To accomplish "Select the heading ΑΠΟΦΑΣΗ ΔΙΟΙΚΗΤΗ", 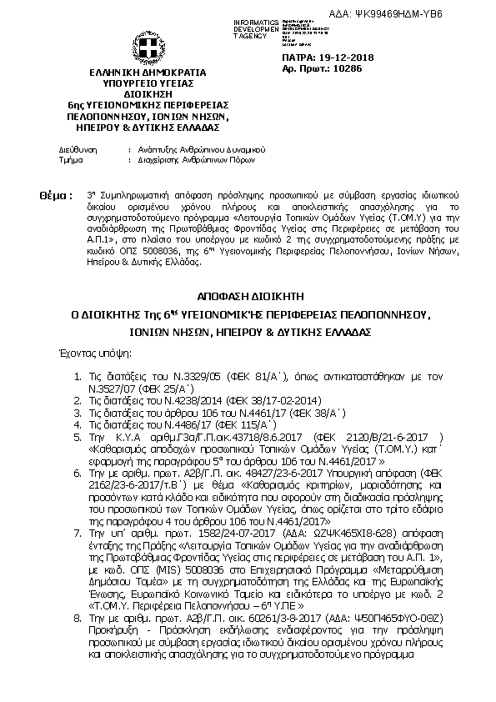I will [248, 295].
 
